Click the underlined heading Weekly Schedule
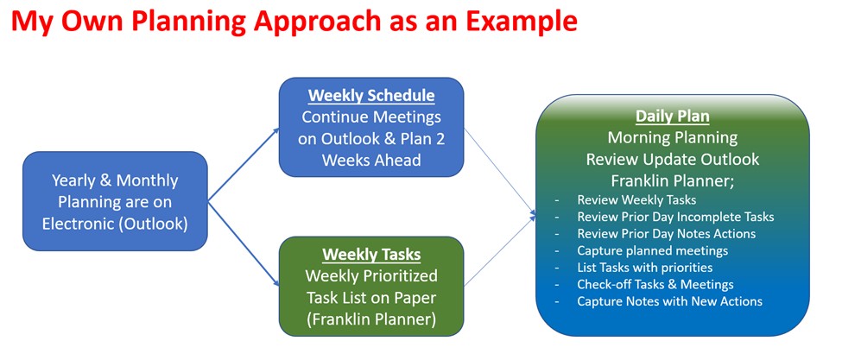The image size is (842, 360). tap(371, 96)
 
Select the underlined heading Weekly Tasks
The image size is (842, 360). tap(371, 254)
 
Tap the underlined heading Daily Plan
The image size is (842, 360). tap(673, 116)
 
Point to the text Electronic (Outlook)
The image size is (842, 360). tap(115, 224)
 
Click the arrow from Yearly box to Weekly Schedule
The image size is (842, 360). tap(244, 164)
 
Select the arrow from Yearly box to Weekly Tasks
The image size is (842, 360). tap(244, 243)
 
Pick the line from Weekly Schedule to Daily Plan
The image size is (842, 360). tap(500, 171)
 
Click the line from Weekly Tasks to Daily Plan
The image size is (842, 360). tap(500, 250)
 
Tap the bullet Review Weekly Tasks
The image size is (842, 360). tap(636, 199)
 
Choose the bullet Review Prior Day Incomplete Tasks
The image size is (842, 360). tap(675, 217)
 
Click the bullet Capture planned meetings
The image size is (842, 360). tap(653, 250)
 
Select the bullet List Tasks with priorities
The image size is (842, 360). tap(644, 267)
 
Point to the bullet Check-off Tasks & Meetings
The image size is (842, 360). tap(655, 284)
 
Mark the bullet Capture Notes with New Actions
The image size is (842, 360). tap(669, 301)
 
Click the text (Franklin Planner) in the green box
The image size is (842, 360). tap(371, 319)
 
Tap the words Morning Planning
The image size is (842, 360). tap(673, 138)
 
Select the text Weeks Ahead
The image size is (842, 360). tap(371, 160)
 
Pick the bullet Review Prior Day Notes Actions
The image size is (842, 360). tap(667, 233)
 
